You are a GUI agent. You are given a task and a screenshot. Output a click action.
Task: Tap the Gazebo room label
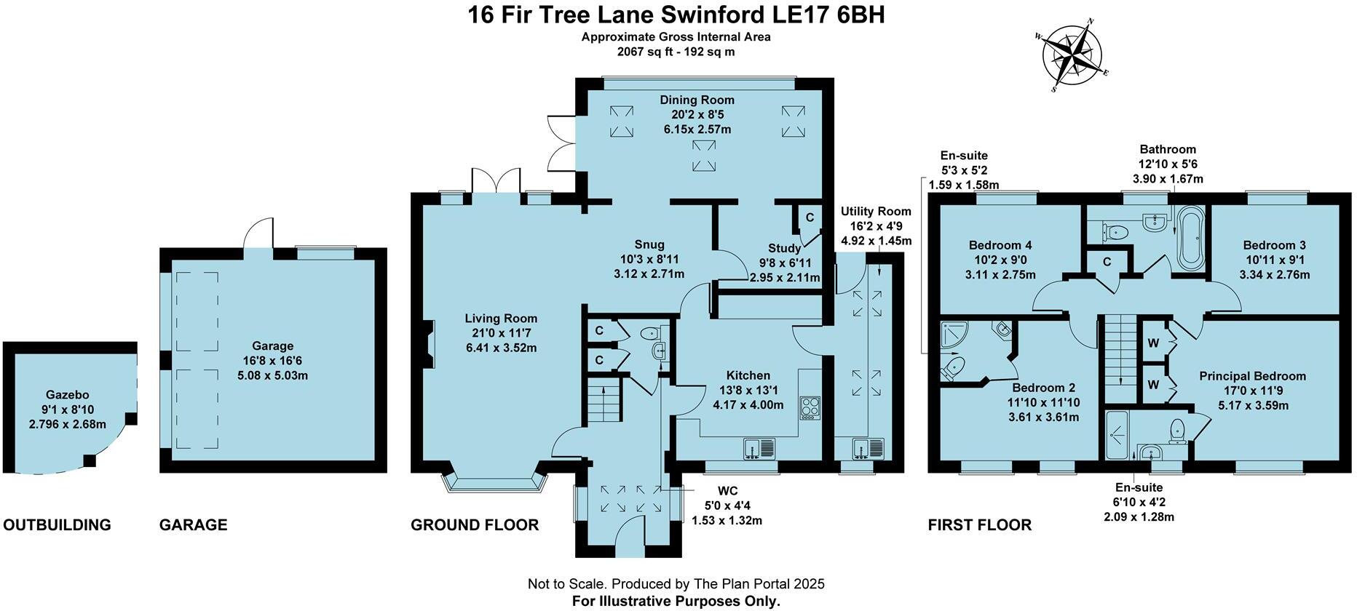[x=67, y=395]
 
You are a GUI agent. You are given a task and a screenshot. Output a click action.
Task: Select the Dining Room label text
[x=697, y=100]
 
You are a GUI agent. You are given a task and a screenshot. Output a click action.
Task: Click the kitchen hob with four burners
[x=810, y=407]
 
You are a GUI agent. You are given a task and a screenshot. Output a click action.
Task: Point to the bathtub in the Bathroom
[x=1190, y=237]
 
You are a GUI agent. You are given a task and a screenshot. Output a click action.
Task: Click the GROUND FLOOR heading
[x=475, y=525]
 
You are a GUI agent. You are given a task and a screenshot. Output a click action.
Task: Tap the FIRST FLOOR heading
[x=979, y=525]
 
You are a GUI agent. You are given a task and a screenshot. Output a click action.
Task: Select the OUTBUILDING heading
[x=58, y=525]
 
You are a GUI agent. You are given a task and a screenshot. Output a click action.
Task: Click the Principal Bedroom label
[x=1252, y=376]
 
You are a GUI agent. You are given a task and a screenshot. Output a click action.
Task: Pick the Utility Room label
[x=876, y=212]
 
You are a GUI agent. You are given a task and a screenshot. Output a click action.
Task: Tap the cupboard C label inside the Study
[x=810, y=217]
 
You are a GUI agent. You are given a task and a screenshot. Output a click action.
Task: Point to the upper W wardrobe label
[x=1153, y=343]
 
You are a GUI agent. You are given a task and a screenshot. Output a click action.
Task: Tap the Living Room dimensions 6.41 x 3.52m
[x=501, y=348]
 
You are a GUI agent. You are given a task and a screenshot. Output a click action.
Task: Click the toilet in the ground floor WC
[x=649, y=334]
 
